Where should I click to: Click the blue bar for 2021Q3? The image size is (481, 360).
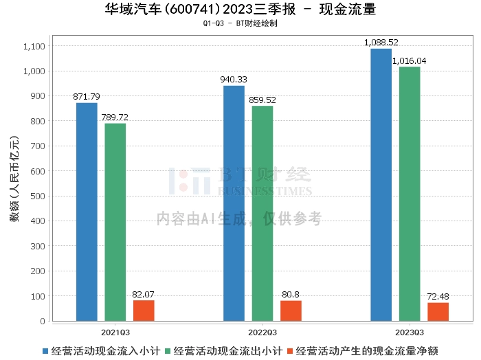coord(87,212)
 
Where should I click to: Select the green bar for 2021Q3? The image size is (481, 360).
coord(115,222)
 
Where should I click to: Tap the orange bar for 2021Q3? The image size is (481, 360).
coord(144,311)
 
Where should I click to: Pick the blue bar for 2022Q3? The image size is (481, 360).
coord(234,203)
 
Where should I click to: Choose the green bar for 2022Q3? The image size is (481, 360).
coord(262,213)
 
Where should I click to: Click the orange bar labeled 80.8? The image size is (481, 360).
coord(291,311)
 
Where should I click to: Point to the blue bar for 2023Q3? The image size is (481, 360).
coord(381,185)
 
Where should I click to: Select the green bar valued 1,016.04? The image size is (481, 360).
coord(410,194)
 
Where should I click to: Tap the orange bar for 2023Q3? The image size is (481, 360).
coord(438,312)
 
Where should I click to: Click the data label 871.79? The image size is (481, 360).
coord(87,97)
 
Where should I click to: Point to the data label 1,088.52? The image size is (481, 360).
coord(381,43)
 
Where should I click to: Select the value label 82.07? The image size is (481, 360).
coord(144,294)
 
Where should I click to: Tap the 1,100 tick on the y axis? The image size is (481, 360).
coord(34,46)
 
